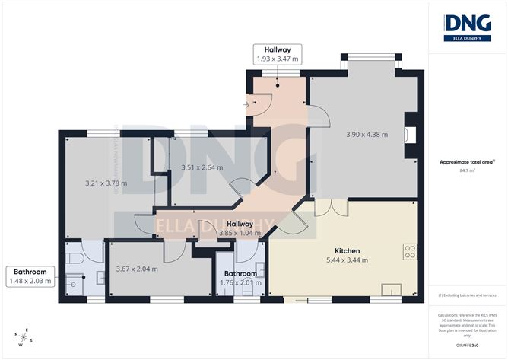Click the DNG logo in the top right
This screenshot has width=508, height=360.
tap(467, 27)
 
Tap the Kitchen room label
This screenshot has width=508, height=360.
tap(347, 250)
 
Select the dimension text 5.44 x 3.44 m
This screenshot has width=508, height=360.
tap(347, 260)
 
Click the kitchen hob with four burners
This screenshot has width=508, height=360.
tap(411, 252)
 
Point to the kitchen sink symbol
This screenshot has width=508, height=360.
tap(394, 289)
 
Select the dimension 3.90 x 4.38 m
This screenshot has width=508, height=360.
tap(367, 135)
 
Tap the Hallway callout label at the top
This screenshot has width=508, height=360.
tap(276, 53)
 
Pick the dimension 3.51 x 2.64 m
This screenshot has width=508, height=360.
tap(202, 167)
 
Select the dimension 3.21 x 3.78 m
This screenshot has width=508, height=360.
tap(105, 183)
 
